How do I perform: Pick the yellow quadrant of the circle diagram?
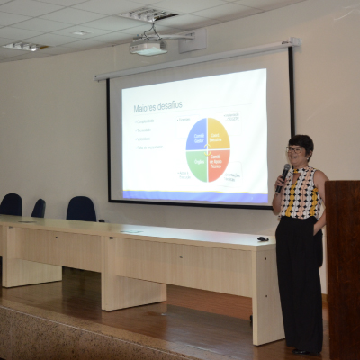218,135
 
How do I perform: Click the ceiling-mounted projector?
148,46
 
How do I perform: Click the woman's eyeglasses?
294,149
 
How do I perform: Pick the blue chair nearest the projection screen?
81,209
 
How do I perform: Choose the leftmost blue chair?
11,204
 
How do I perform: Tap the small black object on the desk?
262,238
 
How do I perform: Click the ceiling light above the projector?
150,14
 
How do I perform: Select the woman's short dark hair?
301,141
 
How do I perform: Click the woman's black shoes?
306,351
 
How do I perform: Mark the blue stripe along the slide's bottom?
194,194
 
